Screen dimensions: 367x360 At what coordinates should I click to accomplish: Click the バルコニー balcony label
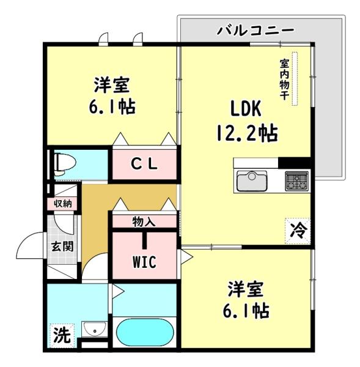(x=255, y=30)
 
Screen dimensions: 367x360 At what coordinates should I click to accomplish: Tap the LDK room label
(x=246, y=108)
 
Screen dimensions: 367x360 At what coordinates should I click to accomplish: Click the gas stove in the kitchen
(x=296, y=180)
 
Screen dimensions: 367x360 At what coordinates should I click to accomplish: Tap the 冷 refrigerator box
(x=298, y=231)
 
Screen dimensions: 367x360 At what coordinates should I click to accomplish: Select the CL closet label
(x=145, y=164)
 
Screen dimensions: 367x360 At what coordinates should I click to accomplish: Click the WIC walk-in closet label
(x=144, y=261)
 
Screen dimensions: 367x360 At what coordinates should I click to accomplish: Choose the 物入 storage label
(x=144, y=221)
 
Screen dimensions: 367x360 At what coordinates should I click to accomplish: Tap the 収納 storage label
(x=63, y=203)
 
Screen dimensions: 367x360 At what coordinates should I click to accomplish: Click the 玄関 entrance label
(x=62, y=247)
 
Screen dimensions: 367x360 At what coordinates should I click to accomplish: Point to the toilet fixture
(x=62, y=164)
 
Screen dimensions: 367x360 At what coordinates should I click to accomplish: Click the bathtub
(x=145, y=333)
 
